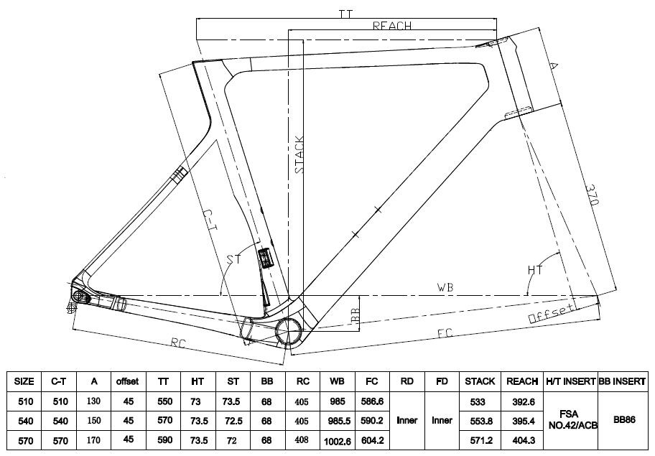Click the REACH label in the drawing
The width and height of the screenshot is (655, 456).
[392, 25]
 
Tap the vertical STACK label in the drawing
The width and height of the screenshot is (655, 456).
[299, 154]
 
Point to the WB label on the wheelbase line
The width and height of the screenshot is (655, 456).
[445, 287]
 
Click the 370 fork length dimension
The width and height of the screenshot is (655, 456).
[593, 194]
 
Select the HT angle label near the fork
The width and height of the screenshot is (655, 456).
[535, 270]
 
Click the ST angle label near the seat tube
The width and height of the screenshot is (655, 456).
[234, 259]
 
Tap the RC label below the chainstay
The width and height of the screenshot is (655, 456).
[178, 343]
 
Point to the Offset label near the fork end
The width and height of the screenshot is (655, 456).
[551, 314]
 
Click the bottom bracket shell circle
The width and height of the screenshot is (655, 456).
[289, 331]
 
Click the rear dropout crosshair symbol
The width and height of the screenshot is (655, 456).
[72, 309]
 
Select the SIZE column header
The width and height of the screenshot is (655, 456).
[24, 381]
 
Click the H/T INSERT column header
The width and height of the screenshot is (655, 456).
[571, 381]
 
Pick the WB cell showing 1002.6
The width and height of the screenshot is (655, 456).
[338, 441]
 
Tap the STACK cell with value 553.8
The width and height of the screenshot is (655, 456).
[480, 422]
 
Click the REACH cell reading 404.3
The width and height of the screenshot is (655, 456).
[524, 440]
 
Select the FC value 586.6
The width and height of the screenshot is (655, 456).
[372, 401]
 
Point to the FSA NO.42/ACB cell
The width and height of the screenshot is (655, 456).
[571, 419]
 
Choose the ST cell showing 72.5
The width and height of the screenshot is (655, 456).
[233, 421]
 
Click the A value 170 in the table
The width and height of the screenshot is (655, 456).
[93, 440]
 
